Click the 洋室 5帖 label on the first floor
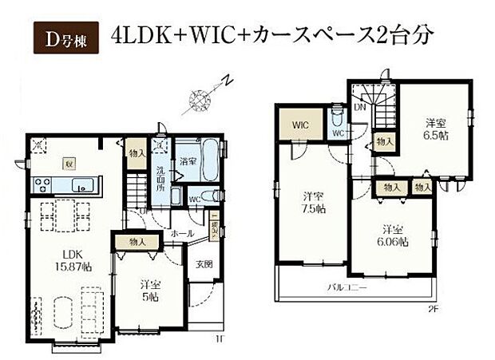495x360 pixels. [x=149, y=288]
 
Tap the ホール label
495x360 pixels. [x=182, y=234]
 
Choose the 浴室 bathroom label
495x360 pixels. [x=188, y=161]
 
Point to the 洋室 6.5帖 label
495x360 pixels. [x=435, y=129]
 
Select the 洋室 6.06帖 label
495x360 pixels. [x=394, y=233]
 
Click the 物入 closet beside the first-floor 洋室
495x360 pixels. [x=137, y=239]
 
